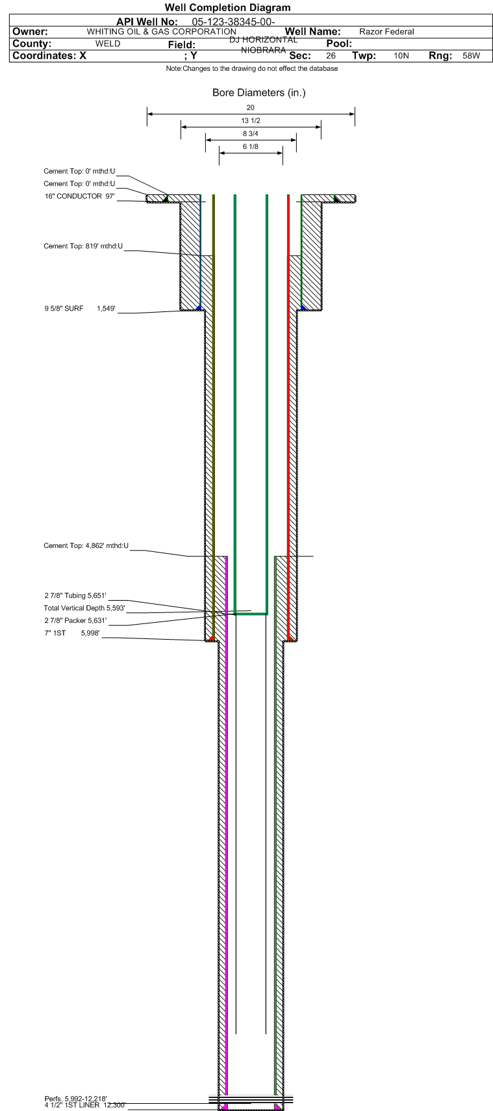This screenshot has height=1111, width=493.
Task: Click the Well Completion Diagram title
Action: click(x=227, y=7)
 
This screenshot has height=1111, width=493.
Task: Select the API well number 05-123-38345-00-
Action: click(x=233, y=22)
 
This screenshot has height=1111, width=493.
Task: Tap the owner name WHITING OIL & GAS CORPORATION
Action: click(x=162, y=32)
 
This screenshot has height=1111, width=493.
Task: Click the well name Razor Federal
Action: click(x=386, y=32)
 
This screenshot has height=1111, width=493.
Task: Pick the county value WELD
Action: click(x=108, y=44)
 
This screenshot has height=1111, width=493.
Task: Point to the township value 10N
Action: click(x=401, y=55)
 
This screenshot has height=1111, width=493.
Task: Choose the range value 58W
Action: click(x=471, y=55)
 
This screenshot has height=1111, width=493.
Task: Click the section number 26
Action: click(x=331, y=55)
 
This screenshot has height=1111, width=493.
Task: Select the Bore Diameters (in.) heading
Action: click(x=259, y=93)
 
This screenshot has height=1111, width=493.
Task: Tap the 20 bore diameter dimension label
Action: click(x=250, y=108)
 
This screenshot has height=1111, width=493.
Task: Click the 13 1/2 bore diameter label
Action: click(x=251, y=120)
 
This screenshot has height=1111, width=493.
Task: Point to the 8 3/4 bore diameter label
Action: click(x=250, y=133)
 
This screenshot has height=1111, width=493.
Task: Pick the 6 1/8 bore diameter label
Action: click(x=250, y=146)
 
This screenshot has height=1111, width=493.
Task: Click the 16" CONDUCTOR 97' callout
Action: click(x=80, y=196)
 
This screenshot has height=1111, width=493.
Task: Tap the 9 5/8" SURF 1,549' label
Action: click(x=80, y=309)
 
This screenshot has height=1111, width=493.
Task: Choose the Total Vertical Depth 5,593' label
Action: click(x=84, y=608)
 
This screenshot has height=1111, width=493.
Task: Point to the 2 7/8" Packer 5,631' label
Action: click(x=75, y=620)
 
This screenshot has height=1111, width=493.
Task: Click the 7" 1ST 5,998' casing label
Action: click(x=72, y=633)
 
